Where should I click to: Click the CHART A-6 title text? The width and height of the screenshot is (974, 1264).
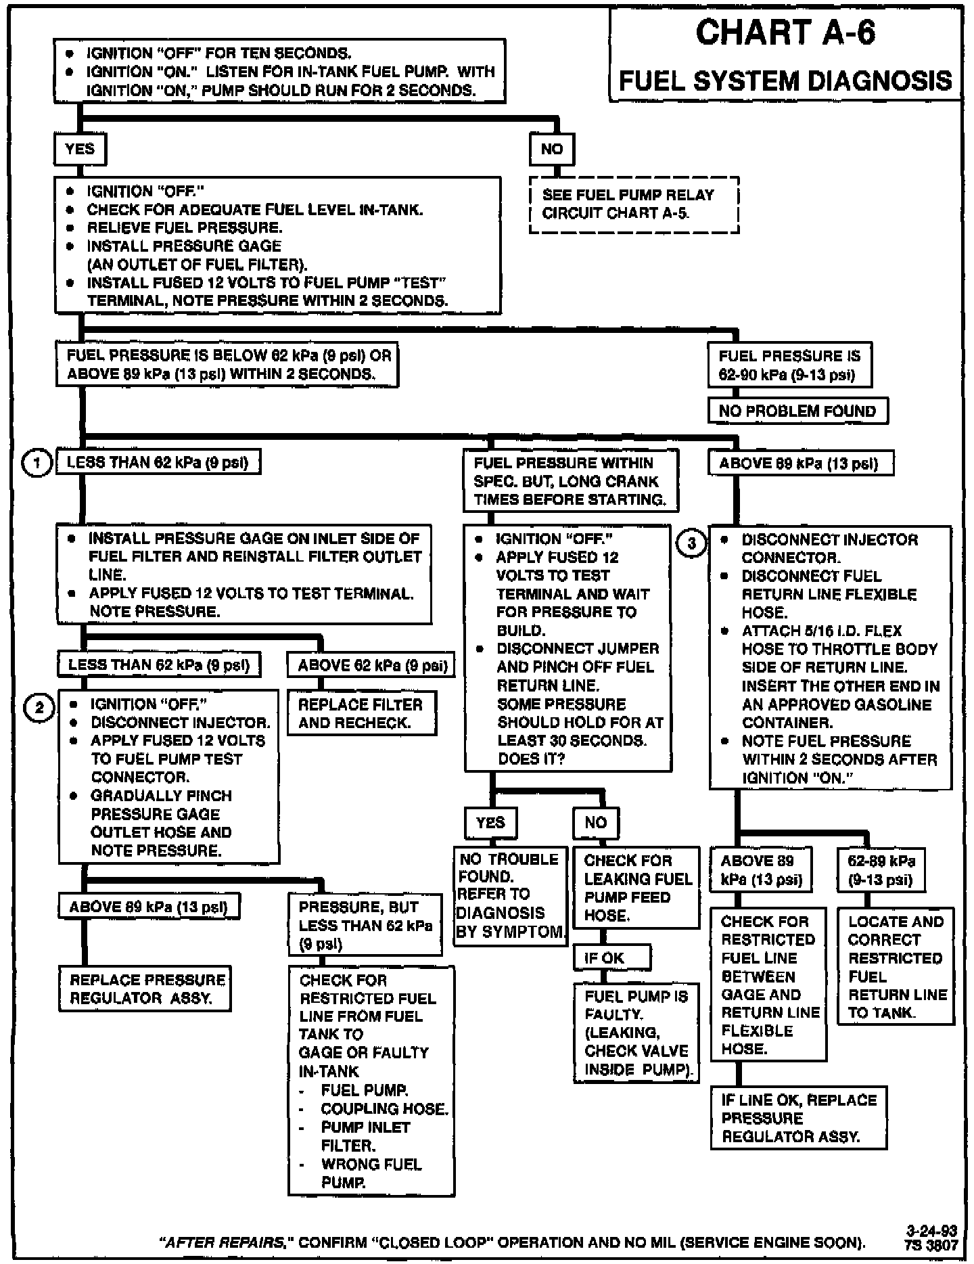785,32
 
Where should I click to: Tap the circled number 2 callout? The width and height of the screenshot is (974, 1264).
39,708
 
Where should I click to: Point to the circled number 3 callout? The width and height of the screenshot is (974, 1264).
691,543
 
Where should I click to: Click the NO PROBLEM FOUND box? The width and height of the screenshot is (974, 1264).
797,411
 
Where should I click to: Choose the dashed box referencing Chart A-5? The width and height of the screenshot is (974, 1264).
634,204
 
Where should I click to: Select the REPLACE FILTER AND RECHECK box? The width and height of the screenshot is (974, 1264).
361,713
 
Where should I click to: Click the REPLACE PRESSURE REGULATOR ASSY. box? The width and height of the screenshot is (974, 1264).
145,989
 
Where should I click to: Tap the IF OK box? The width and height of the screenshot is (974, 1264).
612,957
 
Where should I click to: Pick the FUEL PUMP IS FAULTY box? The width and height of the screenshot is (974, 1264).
636,1033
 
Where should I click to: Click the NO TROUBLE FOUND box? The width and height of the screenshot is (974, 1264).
510,895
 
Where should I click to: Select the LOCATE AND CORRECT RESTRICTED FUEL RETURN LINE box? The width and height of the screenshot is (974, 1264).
896,966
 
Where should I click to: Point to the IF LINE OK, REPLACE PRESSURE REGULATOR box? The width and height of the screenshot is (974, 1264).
798,1117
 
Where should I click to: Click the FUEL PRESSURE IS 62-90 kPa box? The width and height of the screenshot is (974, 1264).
789,365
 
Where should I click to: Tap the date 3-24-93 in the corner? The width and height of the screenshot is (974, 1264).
931,1230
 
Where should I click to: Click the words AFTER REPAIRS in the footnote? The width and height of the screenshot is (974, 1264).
224,1242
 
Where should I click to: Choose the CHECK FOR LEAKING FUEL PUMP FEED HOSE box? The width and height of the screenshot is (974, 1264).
636,888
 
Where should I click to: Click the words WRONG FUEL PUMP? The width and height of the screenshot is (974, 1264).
371,1173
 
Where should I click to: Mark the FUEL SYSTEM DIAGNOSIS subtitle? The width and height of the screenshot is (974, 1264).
785,81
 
